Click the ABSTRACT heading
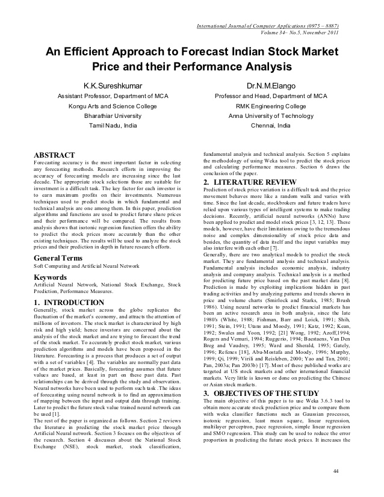coord(54,155)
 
